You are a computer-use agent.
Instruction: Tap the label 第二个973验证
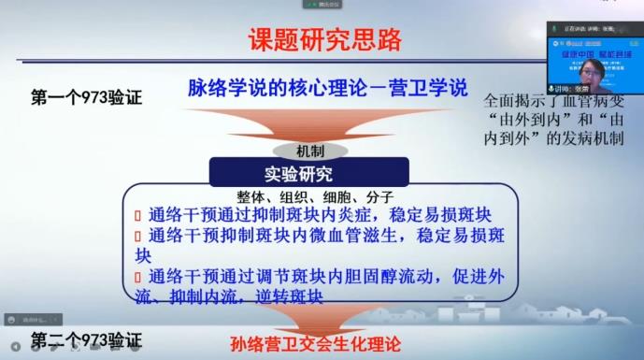point(85,337)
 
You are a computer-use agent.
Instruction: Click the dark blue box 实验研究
point(308,173)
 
